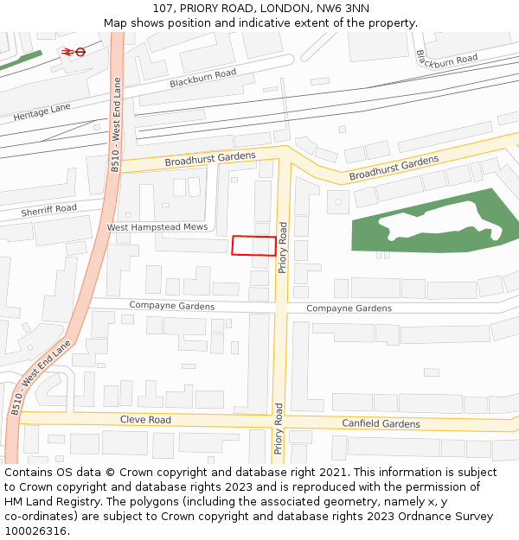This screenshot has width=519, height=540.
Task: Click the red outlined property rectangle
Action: [x=253, y=245]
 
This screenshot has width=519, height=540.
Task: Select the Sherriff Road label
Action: [x=48, y=209]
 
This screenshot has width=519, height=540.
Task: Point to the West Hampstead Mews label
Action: [x=157, y=227]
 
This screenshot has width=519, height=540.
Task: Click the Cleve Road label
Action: [x=145, y=420]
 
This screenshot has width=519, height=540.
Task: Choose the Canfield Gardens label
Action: [x=381, y=423]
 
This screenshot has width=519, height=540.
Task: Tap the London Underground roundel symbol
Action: [x=80, y=52]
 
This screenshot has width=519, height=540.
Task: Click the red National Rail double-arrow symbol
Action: [x=67, y=52]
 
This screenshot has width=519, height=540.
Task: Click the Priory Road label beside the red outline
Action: [x=282, y=248]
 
